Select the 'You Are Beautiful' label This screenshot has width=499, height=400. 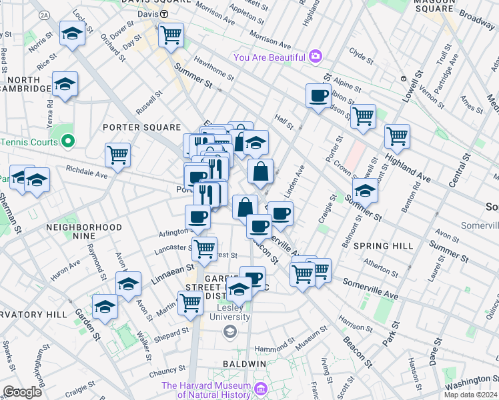click(x=270, y=57)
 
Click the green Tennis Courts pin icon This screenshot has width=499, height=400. click(x=67, y=142)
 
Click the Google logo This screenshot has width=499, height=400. click(x=22, y=392)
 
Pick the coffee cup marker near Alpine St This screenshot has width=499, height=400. click(x=318, y=95)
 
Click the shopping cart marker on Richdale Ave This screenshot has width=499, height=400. click(x=117, y=155)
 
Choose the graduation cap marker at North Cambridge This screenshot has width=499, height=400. click(x=65, y=85)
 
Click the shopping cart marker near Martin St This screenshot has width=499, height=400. click(x=190, y=302)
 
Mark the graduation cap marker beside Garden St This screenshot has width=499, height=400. click(x=105, y=306)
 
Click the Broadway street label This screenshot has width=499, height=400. click(x=478, y=19)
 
